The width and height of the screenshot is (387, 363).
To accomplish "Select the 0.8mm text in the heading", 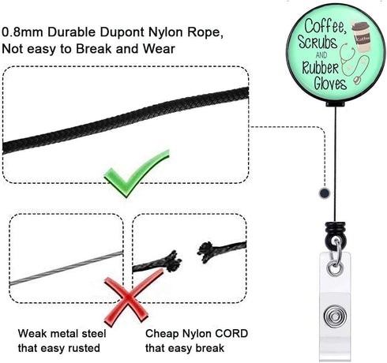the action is tap(22, 32).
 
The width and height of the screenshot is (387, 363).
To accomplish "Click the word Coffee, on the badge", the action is tap(325, 26).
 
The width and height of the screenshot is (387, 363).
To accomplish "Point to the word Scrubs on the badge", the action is tap(317, 42).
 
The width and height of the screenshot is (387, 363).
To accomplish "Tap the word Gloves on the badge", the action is tap(330, 84).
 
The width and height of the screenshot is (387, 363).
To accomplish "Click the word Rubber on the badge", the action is tap(320, 68).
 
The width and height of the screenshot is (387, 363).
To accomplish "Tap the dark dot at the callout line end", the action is tap(325, 193).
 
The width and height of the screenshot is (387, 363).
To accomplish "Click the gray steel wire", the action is tap(66, 268).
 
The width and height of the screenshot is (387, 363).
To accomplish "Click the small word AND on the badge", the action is tap(321, 55).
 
